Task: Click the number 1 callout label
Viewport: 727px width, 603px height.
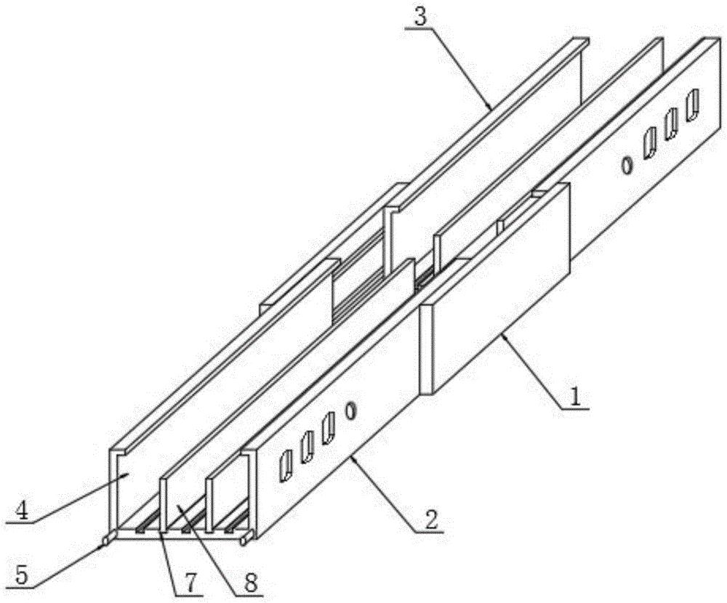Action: [575, 397]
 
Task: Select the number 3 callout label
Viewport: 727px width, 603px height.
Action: [419, 17]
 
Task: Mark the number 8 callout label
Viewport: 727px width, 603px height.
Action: [250, 583]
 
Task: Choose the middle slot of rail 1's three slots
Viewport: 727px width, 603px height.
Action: [670, 124]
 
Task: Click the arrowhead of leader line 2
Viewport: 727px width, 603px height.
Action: [352, 457]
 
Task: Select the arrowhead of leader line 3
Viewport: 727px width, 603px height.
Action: [491, 108]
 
